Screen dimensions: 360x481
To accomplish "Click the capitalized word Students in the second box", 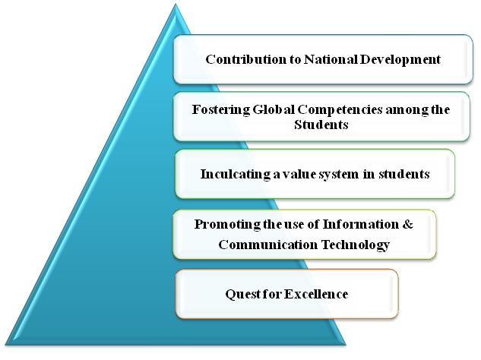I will point(321,125).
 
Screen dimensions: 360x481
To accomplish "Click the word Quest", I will point(242,294).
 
